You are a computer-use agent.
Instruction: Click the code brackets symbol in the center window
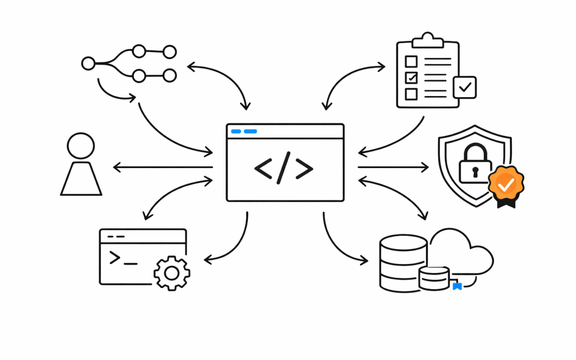284,168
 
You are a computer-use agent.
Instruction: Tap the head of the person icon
81,145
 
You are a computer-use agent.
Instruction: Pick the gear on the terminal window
171,273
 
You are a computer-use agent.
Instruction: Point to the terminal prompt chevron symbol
115,258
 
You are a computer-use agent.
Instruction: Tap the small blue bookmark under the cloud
457,286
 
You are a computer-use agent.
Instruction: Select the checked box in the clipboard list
411,78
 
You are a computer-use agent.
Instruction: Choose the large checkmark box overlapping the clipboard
465,87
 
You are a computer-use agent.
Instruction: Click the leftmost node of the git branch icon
88,63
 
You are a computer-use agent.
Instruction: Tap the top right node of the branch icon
170,52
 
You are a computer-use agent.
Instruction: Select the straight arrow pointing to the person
163,167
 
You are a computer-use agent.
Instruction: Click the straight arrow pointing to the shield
393,167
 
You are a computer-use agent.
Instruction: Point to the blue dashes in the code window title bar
244,131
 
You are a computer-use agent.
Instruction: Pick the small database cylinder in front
434,278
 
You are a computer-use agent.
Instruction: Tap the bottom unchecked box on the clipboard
411,94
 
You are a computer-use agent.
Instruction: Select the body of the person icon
81,179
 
